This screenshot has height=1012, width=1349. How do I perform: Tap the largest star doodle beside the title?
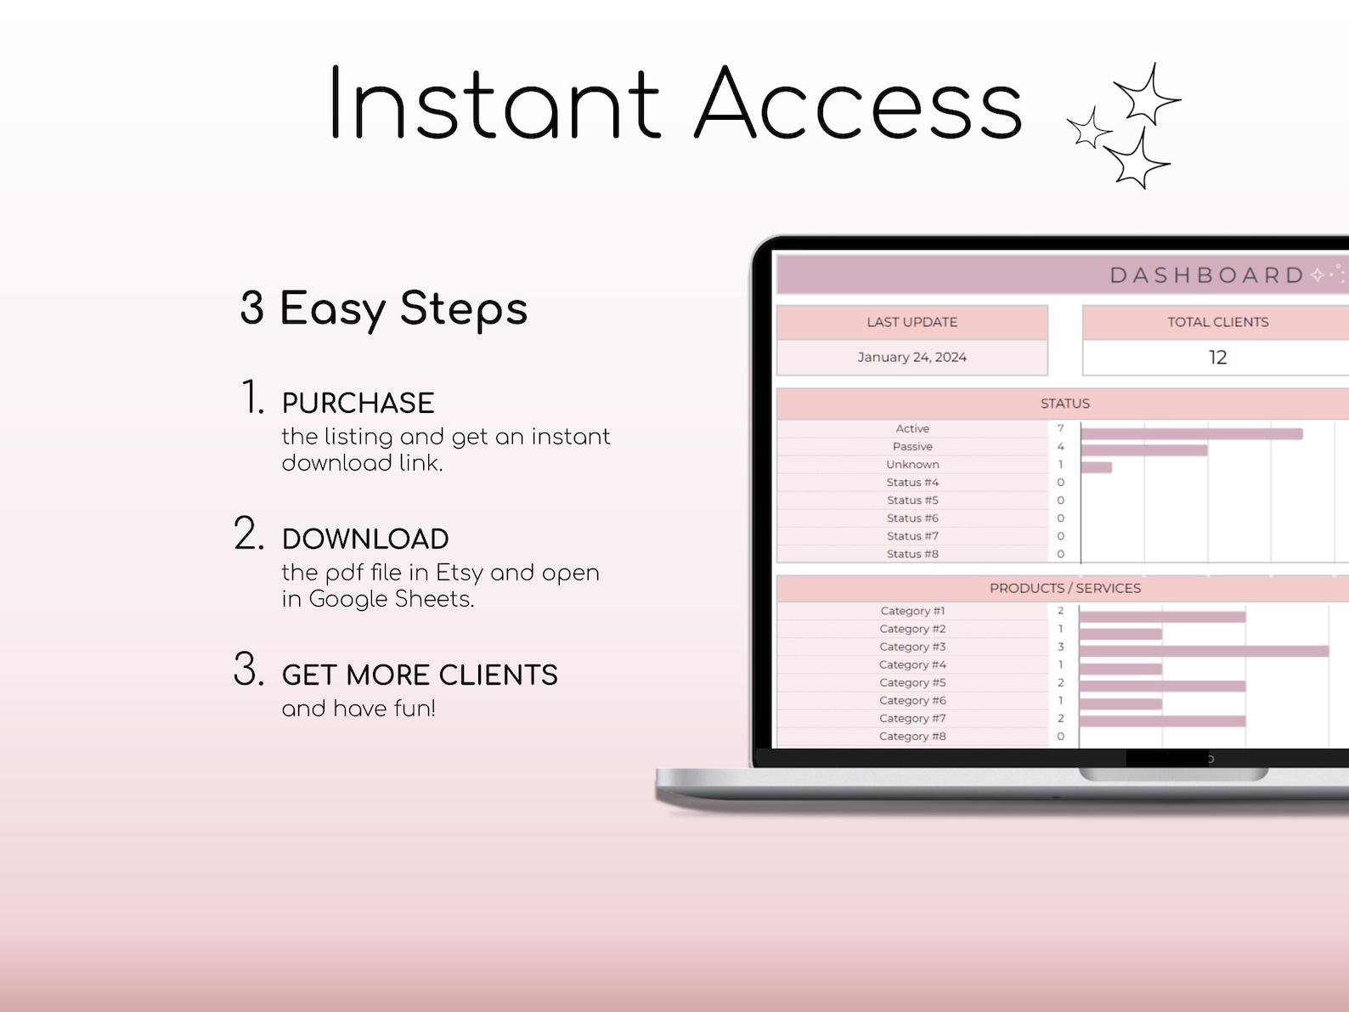pyautogui.click(x=1146, y=94)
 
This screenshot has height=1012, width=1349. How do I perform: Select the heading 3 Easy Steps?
pyautogui.click(x=384, y=308)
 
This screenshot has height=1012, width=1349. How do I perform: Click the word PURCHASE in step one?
pyautogui.click(x=358, y=403)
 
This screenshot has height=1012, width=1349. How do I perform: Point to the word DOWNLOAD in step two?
pyautogui.click(x=365, y=539)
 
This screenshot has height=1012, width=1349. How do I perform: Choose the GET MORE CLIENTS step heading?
pyautogui.click(x=420, y=675)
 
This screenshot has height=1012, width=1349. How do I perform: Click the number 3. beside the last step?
pyautogui.click(x=248, y=670)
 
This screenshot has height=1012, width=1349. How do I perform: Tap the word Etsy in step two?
pyautogui.click(x=459, y=573)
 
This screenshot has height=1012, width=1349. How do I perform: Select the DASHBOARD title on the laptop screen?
pyautogui.click(x=1206, y=275)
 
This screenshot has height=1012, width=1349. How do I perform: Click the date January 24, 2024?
pyautogui.click(x=912, y=357)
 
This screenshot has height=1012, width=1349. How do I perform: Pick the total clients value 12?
pyautogui.click(x=1217, y=358)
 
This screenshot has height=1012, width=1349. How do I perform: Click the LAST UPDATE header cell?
pyautogui.click(x=912, y=322)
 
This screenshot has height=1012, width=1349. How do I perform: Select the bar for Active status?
pyautogui.click(x=1191, y=434)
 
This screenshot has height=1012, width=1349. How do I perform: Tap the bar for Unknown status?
pyautogui.click(x=1096, y=467)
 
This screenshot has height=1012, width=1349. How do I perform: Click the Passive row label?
pyautogui.click(x=912, y=446)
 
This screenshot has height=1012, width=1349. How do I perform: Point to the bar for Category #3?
pyautogui.click(x=1204, y=651)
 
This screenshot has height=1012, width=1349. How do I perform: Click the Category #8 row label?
pyautogui.click(x=912, y=736)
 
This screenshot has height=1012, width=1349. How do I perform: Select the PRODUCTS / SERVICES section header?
pyautogui.click(x=1064, y=588)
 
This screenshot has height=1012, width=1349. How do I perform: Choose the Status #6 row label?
pyautogui.click(x=912, y=517)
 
